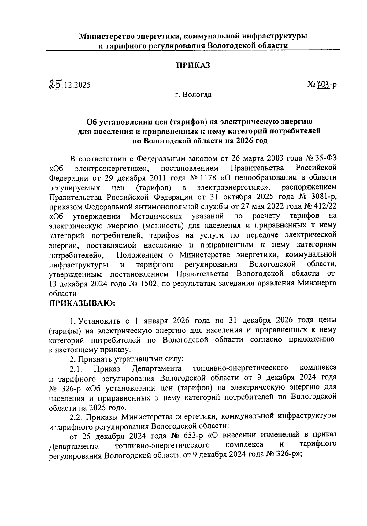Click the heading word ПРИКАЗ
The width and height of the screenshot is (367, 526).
193,65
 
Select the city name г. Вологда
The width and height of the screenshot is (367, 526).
193,95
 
